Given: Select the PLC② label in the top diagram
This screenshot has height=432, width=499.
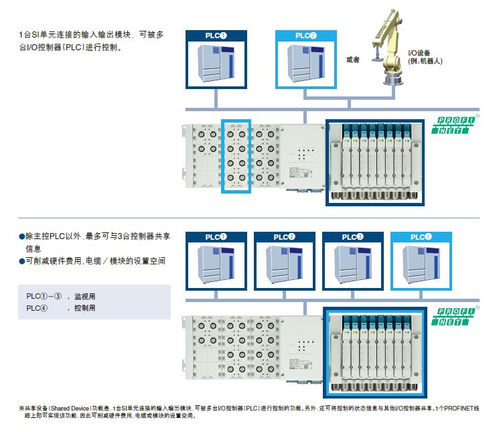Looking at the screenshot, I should pos(305,35).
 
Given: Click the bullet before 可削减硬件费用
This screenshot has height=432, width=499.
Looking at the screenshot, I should pos(21,261).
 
